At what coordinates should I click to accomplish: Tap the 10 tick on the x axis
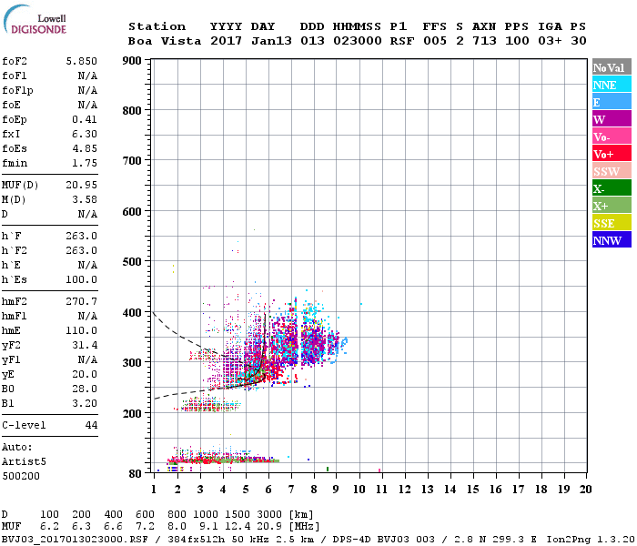tap(359, 490)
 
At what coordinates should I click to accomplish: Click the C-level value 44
tap(91, 425)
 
